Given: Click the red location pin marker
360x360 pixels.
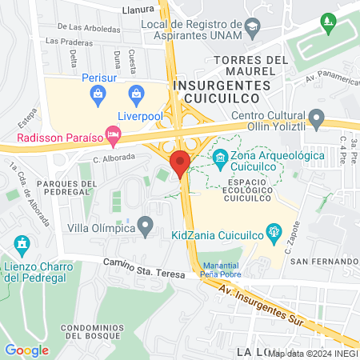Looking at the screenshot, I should click(x=180, y=162).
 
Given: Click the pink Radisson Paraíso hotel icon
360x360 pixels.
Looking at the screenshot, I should click(x=113, y=137).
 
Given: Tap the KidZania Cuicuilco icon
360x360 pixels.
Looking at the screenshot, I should click(x=274, y=234).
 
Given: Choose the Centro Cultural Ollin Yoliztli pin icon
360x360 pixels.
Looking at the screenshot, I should click(x=317, y=119).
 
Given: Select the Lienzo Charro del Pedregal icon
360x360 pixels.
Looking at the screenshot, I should click(x=22, y=242).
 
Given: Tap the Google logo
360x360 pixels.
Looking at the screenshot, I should click(x=26, y=350).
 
